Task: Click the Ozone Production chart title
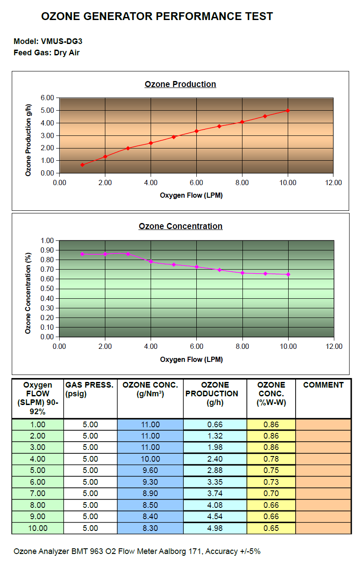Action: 180,84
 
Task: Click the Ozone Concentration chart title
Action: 181,226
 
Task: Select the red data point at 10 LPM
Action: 288,111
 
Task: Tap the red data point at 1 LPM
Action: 82,165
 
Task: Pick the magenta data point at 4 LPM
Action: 151,262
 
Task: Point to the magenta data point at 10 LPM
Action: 288,274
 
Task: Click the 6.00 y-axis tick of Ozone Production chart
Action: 47,98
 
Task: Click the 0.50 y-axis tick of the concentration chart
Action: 47,289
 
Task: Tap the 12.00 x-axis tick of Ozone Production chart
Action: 333,182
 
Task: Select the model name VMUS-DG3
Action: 61,41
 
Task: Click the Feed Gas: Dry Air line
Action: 47,53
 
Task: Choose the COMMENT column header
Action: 323,385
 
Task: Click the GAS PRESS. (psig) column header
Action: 89,389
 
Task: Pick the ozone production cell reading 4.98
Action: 215,528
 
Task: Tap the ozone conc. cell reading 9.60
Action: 150,470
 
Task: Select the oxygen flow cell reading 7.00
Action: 37,493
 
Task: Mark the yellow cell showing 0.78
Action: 271,459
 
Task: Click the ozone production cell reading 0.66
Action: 215,425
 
